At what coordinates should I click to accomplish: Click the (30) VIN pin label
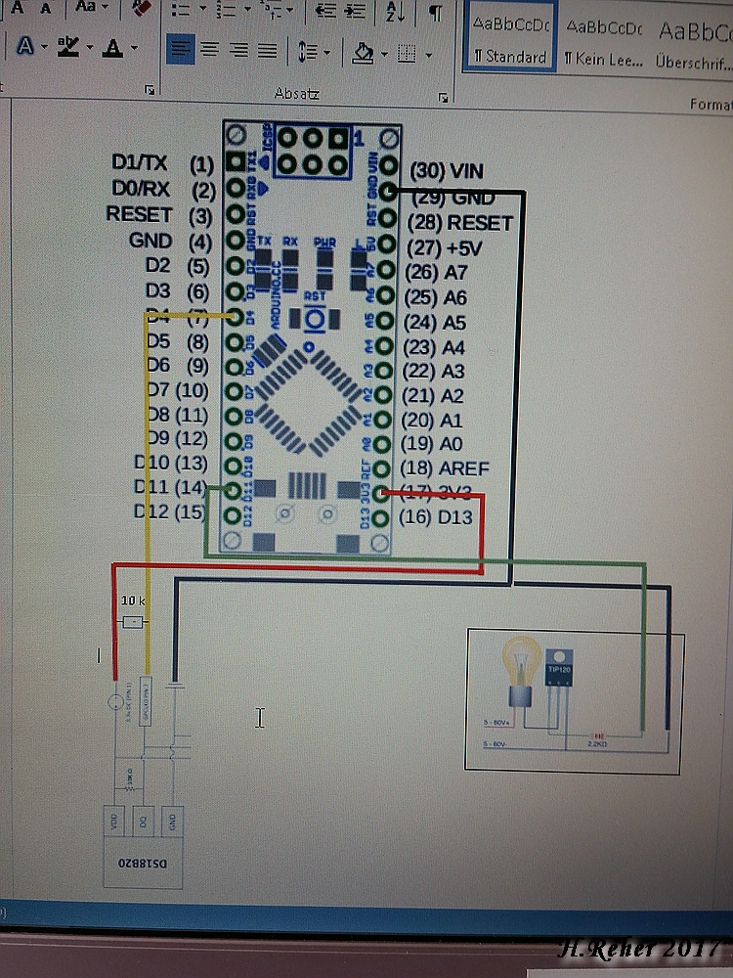tap(447, 171)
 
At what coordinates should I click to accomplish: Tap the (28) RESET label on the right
tap(459, 223)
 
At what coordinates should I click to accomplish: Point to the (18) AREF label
tap(450, 468)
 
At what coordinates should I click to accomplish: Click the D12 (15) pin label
tap(170, 511)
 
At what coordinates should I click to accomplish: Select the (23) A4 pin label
tap(438, 346)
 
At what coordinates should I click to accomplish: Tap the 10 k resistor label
tap(133, 600)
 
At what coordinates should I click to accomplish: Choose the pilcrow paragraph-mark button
tap(435, 13)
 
